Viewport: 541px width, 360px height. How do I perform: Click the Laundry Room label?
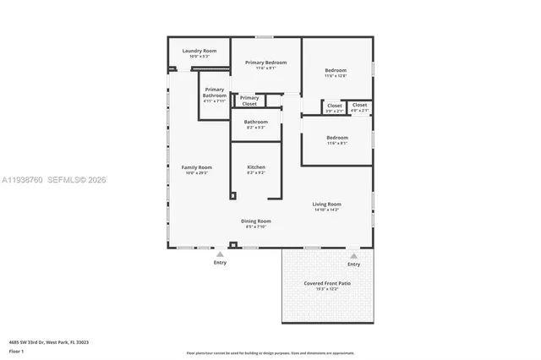click(199, 52)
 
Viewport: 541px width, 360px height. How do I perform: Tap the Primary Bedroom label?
click(266, 63)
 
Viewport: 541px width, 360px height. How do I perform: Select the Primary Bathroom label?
click(215, 93)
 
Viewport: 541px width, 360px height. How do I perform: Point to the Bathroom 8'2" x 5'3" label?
click(256, 123)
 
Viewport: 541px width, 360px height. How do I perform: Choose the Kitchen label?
click(256, 168)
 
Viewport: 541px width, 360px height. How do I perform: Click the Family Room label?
click(196, 168)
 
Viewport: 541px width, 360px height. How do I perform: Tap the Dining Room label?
click(256, 222)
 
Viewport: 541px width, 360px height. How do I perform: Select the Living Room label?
click(326, 205)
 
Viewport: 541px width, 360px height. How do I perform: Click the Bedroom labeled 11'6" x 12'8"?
click(336, 72)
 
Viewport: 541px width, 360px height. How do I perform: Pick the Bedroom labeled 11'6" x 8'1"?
click(337, 139)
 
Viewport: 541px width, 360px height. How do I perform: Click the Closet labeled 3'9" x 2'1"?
click(335, 107)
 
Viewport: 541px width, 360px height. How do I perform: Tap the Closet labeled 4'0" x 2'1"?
click(360, 106)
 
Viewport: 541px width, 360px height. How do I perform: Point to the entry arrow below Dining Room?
click(220, 254)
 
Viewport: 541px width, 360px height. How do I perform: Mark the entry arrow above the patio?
click(353, 255)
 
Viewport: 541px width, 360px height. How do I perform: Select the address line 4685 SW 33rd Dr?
click(49, 342)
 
